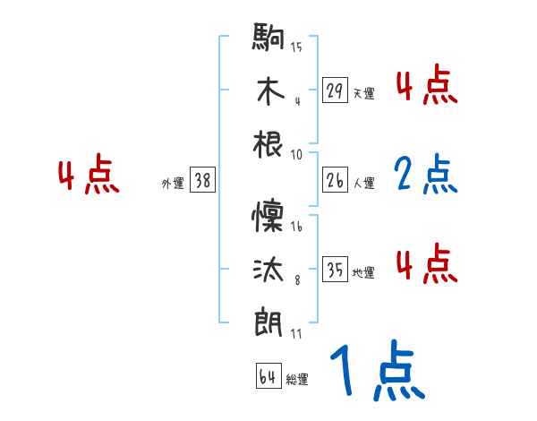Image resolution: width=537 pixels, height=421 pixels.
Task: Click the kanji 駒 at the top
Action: coord(269,39)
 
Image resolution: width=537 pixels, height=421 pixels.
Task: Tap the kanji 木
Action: coord(269,92)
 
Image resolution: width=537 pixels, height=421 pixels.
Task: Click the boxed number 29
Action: coord(336,90)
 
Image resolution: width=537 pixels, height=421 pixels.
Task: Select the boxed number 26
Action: coord(336,181)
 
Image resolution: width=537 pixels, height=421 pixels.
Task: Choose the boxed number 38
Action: coord(202,181)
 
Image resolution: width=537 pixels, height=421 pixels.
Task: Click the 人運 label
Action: coord(363,184)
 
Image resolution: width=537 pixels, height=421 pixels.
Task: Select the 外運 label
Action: coord(173,184)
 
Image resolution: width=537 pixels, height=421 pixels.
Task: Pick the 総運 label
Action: coord(297,380)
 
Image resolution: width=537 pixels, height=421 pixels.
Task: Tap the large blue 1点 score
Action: coord(376,373)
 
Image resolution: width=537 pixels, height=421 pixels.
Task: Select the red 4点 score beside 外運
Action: coord(89,176)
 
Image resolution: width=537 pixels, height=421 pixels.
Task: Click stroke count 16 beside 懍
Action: coord(296,228)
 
